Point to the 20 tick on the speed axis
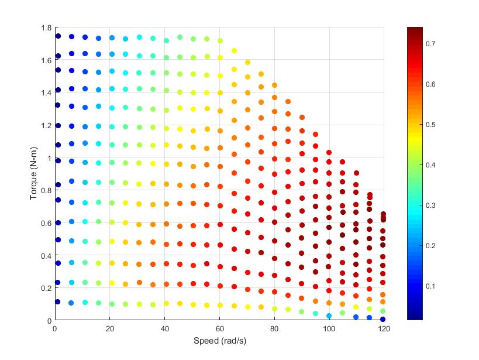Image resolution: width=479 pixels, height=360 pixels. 109,329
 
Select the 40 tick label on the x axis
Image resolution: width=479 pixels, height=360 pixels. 164,329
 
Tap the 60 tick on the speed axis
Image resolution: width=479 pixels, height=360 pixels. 219,329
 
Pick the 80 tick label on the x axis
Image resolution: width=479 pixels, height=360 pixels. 274,329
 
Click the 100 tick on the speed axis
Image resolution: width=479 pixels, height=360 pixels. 329,329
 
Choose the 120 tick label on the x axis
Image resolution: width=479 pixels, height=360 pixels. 384,329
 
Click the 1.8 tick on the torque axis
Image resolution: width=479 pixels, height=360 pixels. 46,28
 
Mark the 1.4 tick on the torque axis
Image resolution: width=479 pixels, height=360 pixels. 46,92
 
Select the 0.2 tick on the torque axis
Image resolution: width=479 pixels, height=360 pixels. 46,288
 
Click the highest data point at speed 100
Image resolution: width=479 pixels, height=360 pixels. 329,153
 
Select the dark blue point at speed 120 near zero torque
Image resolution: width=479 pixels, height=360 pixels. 382,319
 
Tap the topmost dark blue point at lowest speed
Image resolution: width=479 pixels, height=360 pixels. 58,36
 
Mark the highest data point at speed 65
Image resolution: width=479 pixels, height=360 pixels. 234,51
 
